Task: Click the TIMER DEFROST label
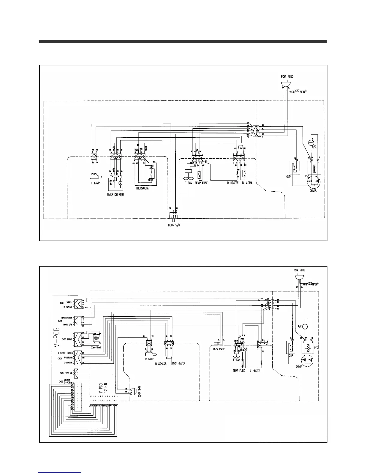116,195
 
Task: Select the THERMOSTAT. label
143,189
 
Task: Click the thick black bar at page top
183,42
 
